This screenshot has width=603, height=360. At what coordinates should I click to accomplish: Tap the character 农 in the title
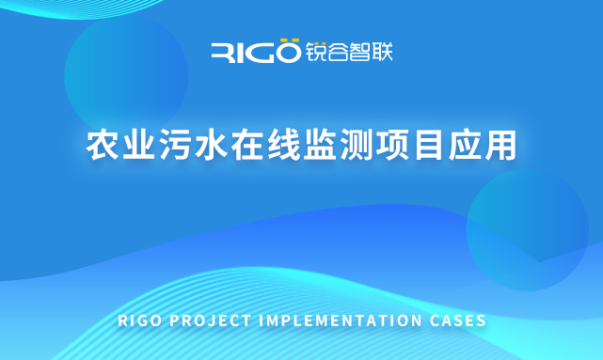[102, 146]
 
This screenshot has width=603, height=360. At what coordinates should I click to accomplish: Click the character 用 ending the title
[501, 146]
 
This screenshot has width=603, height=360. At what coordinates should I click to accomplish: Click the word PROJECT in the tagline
[209, 321]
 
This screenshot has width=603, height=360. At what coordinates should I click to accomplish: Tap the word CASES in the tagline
[459, 321]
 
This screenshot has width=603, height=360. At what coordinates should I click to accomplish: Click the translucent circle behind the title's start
[126, 75]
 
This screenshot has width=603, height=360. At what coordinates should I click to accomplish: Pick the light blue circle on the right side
[527, 230]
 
